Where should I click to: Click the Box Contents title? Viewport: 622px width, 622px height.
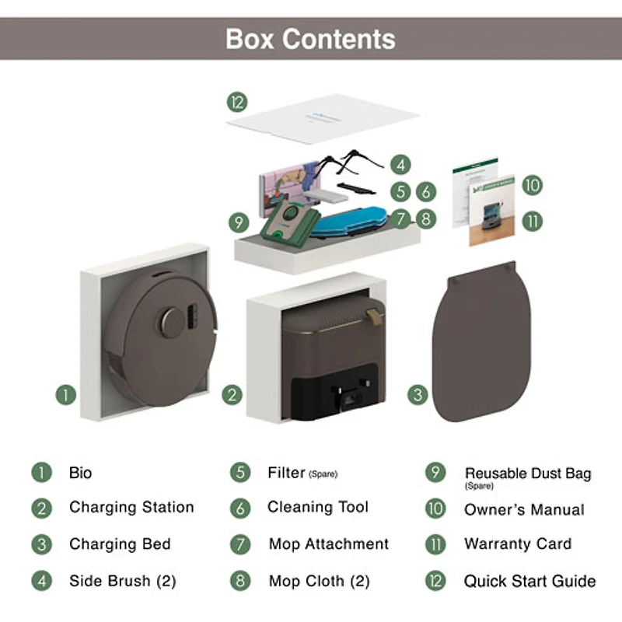tap(310, 38)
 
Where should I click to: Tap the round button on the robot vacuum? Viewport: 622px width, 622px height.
tap(169, 321)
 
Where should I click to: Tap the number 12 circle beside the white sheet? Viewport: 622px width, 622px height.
tap(236, 102)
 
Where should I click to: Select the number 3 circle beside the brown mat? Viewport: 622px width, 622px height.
tap(418, 394)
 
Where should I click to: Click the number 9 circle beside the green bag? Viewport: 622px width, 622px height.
tap(238, 222)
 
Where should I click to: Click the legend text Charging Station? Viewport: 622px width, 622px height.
tap(131, 508)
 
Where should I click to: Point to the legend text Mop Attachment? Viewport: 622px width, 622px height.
tap(328, 544)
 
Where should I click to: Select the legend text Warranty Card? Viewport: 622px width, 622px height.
tap(517, 544)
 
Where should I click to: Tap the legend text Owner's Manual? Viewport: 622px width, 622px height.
tap(523, 510)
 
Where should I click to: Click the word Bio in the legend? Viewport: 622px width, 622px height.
tap(80, 473)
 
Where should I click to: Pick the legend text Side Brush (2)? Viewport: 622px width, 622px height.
tap(123, 581)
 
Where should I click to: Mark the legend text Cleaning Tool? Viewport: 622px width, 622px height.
tap(318, 508)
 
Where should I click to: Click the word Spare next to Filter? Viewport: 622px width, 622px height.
tap(323, 474)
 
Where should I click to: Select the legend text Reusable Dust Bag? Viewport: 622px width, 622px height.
tap(528, 473)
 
